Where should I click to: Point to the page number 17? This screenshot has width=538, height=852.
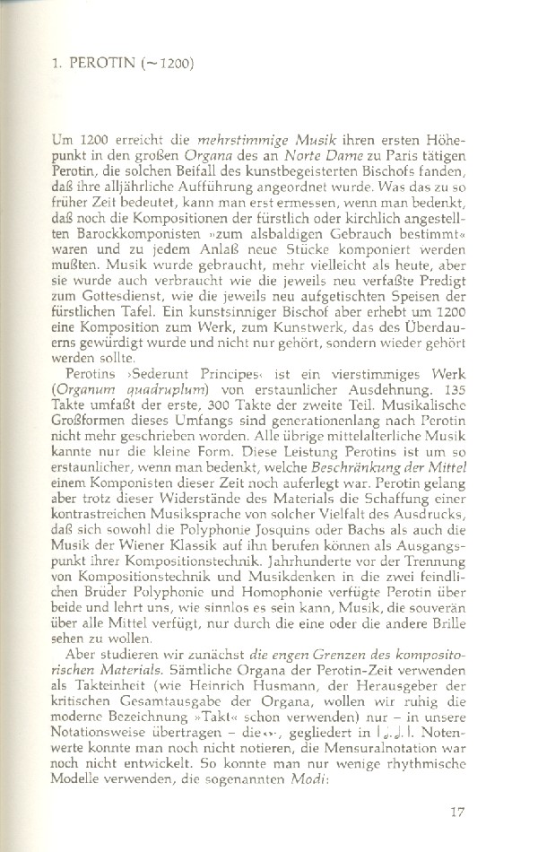pyautogui.click(x=458, y=814)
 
